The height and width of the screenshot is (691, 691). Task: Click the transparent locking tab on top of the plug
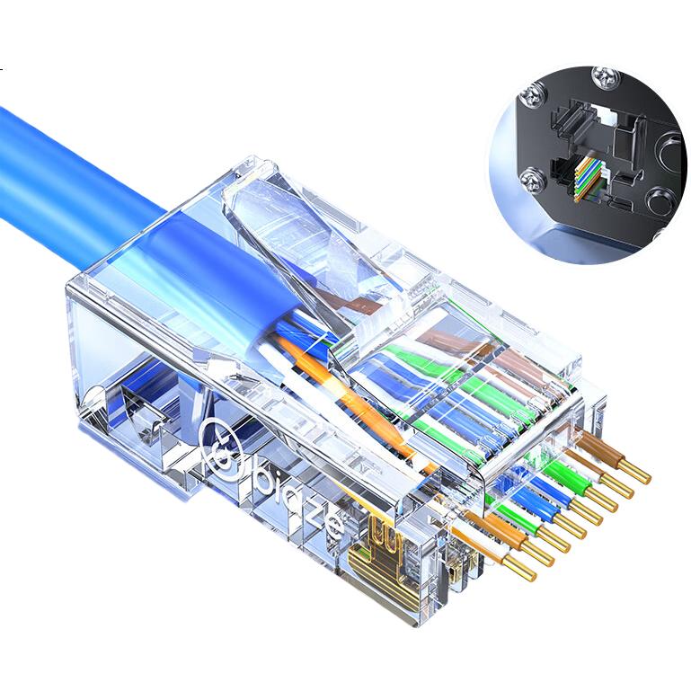[x=308, y=252]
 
